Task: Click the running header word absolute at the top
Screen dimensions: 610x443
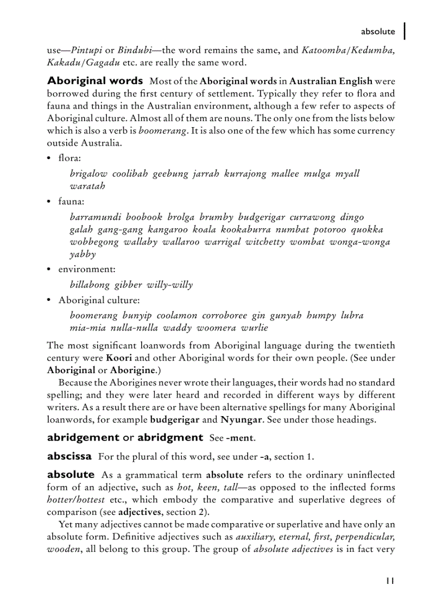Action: tap(378, 32)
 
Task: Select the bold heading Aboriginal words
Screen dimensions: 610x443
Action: tap(95, 81)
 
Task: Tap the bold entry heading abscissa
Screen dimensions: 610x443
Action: tap(69, 456)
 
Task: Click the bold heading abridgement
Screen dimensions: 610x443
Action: tap(83, 437)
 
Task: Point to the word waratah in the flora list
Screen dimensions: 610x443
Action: tap(87, 186)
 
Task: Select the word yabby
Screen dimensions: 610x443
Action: tap(83, 254)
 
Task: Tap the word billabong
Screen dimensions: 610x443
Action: tap(90, 285)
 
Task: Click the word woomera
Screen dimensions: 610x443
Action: tap(216, 328)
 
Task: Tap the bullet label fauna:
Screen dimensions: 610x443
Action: tap(71, 202)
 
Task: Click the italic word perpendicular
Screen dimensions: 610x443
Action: tap(366, 537)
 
